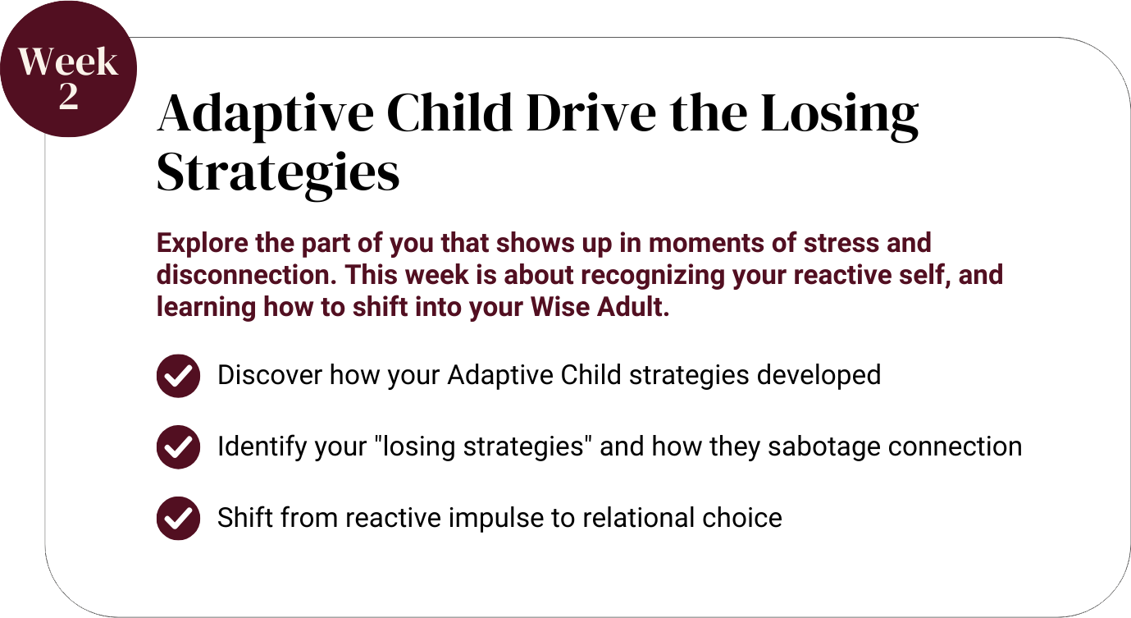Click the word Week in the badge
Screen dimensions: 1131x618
(x=68, y=62)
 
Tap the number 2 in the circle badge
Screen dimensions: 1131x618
(x=69, y=96)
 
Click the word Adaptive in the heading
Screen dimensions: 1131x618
(x=266, y=116)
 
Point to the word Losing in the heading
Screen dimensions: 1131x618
(x=840, y=116)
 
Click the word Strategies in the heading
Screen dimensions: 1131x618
(x=278, y=174)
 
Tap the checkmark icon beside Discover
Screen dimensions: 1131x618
(x=178, y=376)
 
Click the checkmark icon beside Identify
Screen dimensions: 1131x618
(x=178, y=447)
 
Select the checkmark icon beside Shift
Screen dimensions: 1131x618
(x=178, y=519)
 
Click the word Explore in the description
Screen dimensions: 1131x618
(x=203, y=244)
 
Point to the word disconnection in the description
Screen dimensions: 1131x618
(x=246, y=276)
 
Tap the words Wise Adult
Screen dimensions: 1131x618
(x=600, y=307)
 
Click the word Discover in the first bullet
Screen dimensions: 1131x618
(x=270, y=375)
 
